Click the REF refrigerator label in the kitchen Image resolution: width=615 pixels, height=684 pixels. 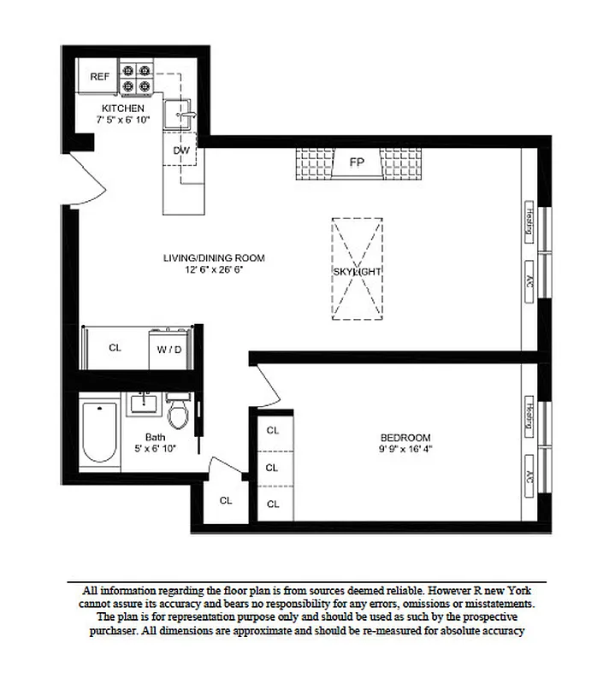pos(100,76)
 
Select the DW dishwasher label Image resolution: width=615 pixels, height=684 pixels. pos(180,150)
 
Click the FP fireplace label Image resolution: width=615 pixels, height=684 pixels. pos(356,161)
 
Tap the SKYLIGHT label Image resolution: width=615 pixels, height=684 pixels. pos(358,271)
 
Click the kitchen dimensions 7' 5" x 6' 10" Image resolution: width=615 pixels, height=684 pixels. pos(122,121)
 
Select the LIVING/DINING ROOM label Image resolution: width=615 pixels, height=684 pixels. pos(214,257)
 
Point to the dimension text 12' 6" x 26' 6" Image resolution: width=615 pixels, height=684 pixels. pos(214,269)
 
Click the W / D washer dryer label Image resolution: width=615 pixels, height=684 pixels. pos(169,349)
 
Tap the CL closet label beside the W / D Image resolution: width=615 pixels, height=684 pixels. pos(115,348)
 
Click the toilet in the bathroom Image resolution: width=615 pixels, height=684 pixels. pos(178,414)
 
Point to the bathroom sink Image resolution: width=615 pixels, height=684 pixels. pos(144,404)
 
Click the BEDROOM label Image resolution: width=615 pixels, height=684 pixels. pos(405,436)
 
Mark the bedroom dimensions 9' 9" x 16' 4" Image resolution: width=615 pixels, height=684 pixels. pos(405,448)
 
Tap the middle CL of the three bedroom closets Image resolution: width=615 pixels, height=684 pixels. pos(273,468)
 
